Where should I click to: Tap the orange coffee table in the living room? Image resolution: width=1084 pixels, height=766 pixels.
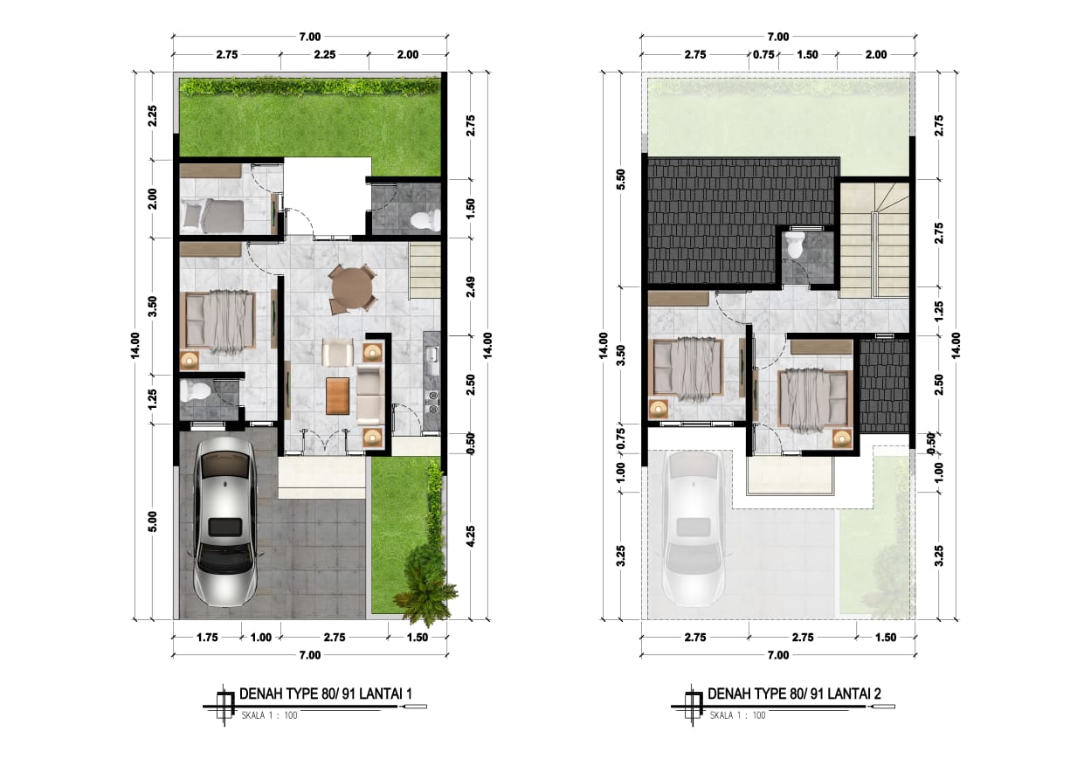coord(337,397)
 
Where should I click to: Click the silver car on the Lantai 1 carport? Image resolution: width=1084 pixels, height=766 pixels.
coord(225,521)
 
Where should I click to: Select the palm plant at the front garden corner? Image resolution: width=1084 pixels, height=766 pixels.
coord(425,587)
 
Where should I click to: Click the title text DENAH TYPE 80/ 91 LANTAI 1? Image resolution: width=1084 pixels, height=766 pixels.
coord(326,694)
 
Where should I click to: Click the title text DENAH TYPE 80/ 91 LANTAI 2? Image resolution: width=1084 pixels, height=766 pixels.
coord(794,694)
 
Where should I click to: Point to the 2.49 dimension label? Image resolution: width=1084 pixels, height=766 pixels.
coord(471,286)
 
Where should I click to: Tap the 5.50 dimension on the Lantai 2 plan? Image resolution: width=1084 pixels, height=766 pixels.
coord(621,180)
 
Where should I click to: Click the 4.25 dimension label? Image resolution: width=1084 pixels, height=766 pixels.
coord(471,536)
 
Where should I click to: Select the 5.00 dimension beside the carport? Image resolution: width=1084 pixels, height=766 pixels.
coord(152,521)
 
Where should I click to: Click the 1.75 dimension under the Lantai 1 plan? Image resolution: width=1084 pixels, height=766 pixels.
coord(207,638)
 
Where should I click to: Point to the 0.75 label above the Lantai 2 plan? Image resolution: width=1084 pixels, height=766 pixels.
coord(763,55)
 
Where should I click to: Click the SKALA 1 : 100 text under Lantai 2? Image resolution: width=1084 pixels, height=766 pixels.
coord(737,715)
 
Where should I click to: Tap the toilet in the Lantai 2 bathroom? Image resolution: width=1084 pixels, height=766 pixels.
coord(795,245)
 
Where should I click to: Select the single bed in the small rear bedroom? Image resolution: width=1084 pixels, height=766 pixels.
coord(212,216)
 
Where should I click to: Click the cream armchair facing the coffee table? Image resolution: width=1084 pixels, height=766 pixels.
coord(337,352)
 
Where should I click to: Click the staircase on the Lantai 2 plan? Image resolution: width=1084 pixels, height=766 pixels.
coord(874,240)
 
